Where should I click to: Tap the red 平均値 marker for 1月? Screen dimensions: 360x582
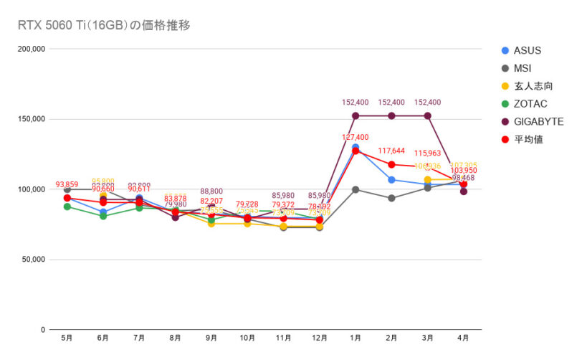tap(356, 151)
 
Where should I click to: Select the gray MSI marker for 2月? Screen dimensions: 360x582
tap(391, 198)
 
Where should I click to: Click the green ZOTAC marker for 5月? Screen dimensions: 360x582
tap(67, 207)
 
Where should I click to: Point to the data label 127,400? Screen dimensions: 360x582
tap(356, 137)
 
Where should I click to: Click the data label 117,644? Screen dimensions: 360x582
tap(391, 151)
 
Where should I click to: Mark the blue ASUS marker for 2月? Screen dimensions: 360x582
tap(391, 179)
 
